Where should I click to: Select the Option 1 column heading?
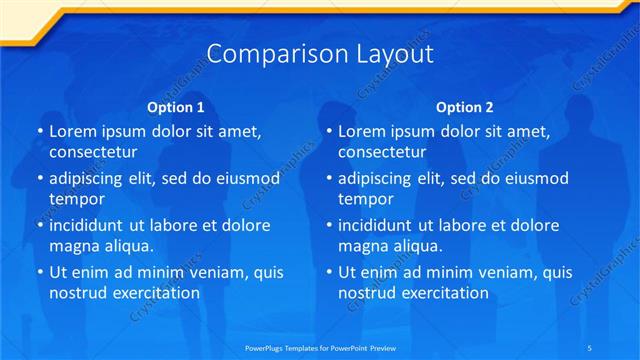click(x=175, y=107)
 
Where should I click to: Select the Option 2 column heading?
click(x=464, y=107)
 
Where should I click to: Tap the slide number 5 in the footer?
click(x=589, y=345)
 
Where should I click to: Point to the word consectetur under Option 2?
click(x=382, y=152)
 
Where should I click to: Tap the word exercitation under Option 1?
click(x=155, y=293)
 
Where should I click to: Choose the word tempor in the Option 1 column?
click(x=75, y=199)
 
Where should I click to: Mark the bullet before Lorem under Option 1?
click(x=39, y=132)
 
